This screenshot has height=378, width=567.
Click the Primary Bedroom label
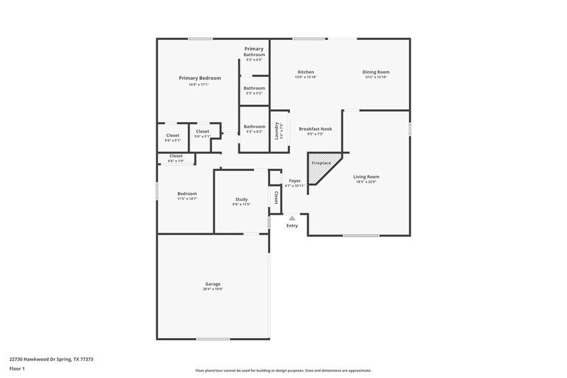pos(199,78)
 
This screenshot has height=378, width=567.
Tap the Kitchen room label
pos(305,72)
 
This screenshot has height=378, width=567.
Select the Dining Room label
pos(375,72)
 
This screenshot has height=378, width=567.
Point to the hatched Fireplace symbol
pos(321,166)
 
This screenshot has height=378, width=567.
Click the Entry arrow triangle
pos(292,219)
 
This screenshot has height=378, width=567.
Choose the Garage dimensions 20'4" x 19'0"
pos(213,289)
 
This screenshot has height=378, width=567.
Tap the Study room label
pos(241,199)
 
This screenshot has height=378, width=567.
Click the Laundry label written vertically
pos(276,130)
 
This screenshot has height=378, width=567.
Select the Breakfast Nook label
pos(315,129)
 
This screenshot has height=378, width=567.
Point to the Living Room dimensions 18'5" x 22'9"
pos(366,182)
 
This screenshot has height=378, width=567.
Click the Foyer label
pos(294,181)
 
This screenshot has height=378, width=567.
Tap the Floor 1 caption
pos(17,368)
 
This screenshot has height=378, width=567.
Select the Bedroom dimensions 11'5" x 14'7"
pos(187,199)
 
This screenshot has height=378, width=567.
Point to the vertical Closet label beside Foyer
pos(276,197)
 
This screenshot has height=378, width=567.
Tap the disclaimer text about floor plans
pos(283,371)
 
